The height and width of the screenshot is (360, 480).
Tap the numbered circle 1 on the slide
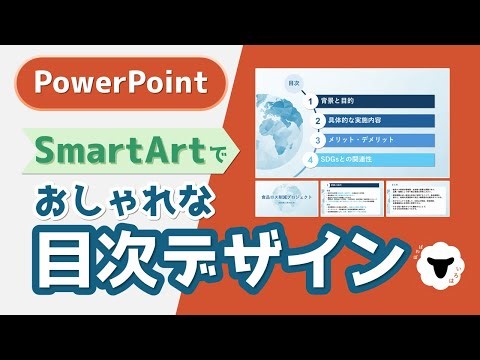(x=314, y=101)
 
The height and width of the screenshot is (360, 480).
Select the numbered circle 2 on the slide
(x=314, y=121)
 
